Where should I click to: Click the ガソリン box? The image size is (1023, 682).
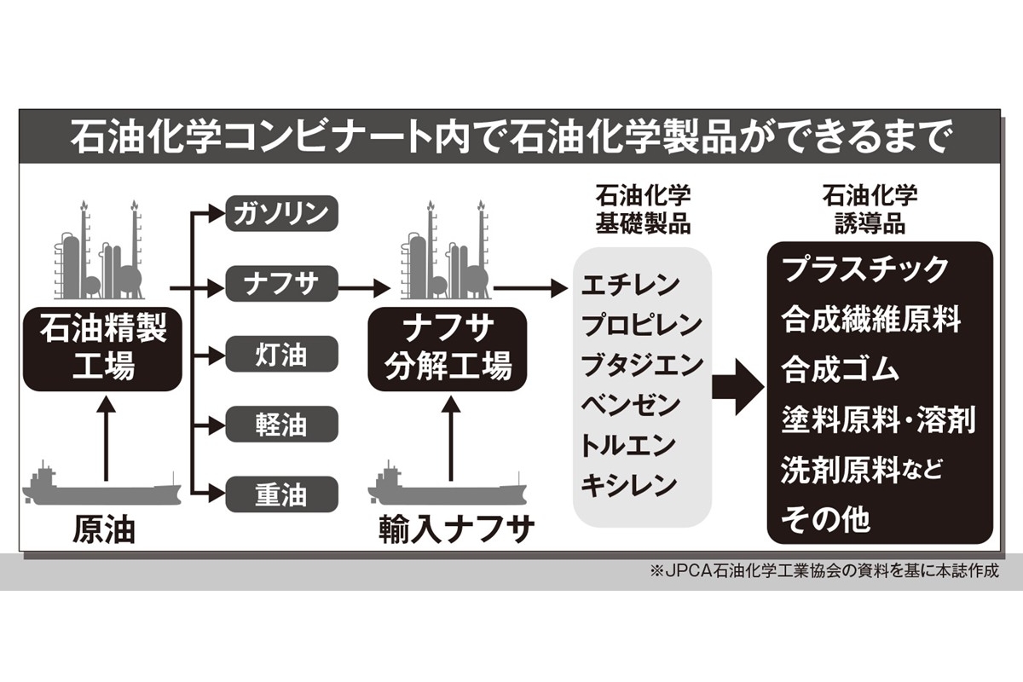(282, 214)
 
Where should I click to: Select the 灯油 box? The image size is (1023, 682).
(282, 355)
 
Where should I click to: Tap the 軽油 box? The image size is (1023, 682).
(282, 425)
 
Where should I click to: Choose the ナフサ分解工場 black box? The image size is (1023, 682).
(448, 349)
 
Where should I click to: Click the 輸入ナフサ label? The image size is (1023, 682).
(457, 531)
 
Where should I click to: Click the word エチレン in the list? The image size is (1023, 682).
(630, 284)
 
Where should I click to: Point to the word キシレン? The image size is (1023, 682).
(630, 485)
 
